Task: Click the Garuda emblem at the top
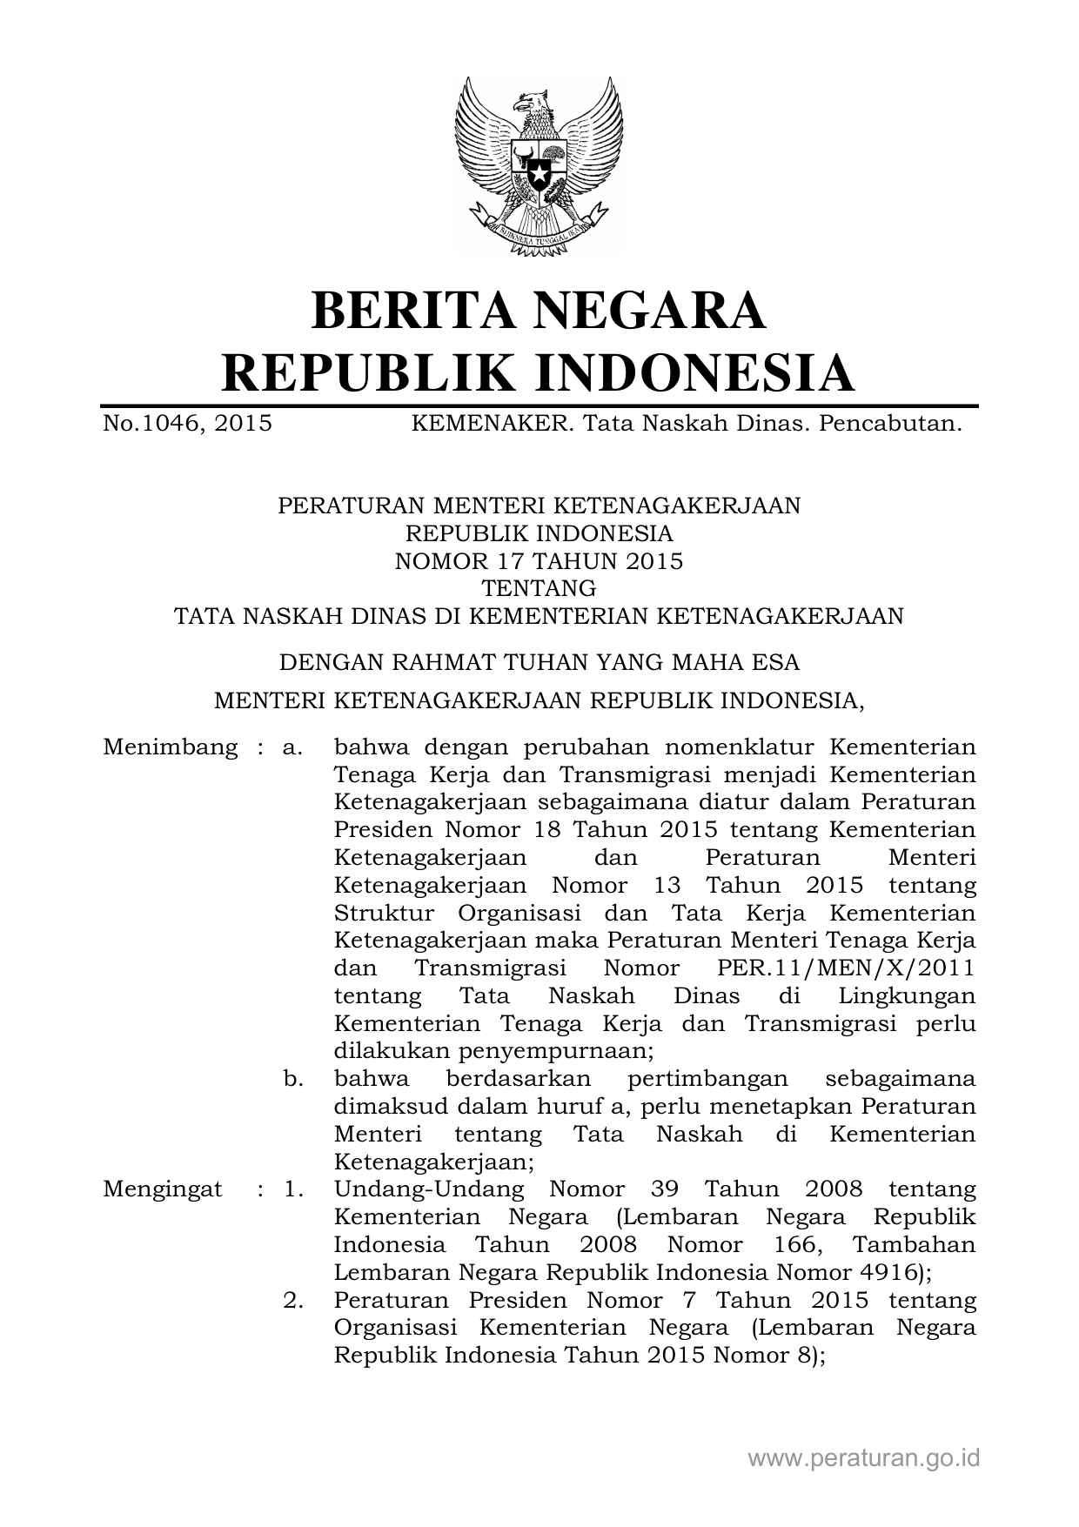click(x=539, y=165)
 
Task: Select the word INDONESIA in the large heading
click(x=693, y=373)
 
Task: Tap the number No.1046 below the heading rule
click(x=153, y=424)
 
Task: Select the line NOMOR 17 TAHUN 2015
click(x=539, y=561)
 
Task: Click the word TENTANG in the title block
click(x=539, y=589)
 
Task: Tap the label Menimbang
click(x=170, y=747)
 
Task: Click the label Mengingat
click(x=162, y=1189)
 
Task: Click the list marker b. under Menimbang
click(x=293, y=1079)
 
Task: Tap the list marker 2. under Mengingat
click(x=293, y=1301)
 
